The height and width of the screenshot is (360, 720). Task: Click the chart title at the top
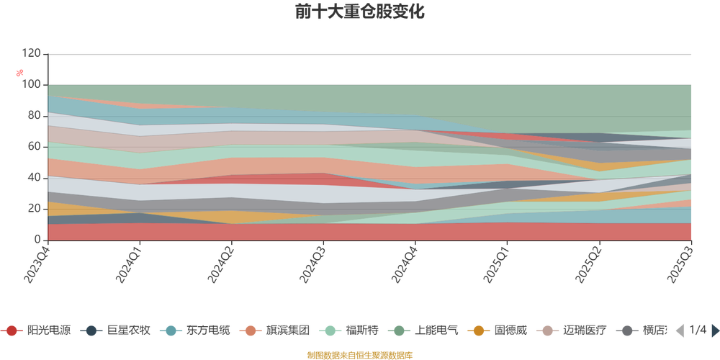[359, 13]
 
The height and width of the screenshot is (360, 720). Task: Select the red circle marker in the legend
[12, 330]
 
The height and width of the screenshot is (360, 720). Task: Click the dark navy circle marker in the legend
[91, 330]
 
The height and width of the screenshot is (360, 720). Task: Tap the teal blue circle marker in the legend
[171, 330]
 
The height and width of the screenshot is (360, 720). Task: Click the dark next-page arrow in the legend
[714, 330]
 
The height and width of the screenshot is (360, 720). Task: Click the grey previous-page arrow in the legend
[679, 330]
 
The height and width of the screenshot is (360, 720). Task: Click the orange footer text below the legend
[359, 354]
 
